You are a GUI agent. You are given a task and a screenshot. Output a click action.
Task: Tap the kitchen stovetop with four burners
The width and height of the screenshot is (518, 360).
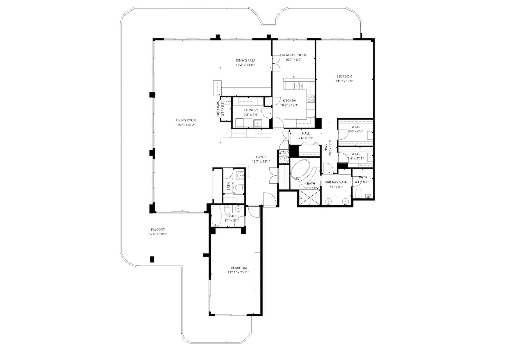(x=311, y=99)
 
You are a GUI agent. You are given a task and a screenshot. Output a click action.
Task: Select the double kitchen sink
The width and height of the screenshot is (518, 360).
(x=299, y=85)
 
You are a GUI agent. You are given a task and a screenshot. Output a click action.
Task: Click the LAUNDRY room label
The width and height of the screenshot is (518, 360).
(x=251, y=110)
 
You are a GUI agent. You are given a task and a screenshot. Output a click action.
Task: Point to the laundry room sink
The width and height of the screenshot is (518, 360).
(x=258, y=123)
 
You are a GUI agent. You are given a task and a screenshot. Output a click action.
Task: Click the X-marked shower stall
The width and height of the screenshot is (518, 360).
(x=309, y=198)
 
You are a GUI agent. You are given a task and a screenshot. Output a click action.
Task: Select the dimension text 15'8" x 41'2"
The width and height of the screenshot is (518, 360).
(x=186, y=125)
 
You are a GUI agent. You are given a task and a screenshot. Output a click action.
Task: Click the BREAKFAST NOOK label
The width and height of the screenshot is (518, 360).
(x=293, y=55)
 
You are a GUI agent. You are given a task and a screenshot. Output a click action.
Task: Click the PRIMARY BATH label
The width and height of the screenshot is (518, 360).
(x=336, y=182)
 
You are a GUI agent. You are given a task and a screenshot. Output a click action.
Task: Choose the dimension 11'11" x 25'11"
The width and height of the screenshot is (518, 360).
(x=239, y=272)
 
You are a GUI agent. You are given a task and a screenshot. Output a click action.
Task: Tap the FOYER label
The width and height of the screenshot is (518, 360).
(x=261, y=157)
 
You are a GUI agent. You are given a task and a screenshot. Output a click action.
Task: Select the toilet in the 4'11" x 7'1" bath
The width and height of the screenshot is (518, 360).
(x=358, y=193)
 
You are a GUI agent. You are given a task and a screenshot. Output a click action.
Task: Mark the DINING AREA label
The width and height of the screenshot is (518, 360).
(x=245, y=60)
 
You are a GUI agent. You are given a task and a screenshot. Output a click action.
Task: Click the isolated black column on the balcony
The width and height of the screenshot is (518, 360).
(x=152, y=259)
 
